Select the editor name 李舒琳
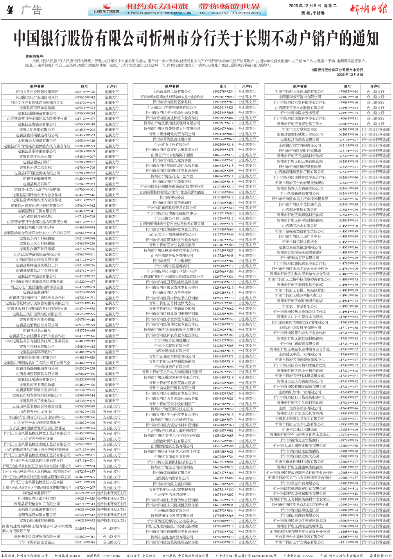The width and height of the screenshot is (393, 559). (318, 13)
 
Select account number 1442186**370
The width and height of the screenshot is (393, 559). (84, 92)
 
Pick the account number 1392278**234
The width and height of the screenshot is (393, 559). (223, 91)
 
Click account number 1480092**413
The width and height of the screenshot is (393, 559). (347, 124)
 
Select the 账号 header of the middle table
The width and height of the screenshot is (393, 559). (223, 86)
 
